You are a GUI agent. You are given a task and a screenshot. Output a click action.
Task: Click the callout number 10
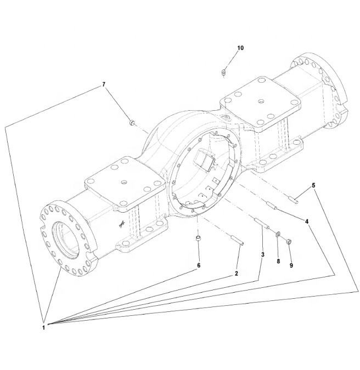[240, 48]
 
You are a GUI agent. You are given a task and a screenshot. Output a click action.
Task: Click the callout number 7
[104, 84]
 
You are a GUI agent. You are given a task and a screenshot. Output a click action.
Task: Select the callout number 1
[43, 328]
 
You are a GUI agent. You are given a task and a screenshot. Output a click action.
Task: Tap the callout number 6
[199, 265]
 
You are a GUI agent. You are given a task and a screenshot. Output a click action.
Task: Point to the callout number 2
[236, 274]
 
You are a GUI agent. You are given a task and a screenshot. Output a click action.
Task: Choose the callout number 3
[263, 254]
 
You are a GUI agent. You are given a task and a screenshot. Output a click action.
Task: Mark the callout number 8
[278, 261]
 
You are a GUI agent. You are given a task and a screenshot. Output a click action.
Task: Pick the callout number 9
[291, 265]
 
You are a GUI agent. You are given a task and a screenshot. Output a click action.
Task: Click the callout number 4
[307, 221]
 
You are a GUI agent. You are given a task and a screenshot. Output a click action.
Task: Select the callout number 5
[313, 185]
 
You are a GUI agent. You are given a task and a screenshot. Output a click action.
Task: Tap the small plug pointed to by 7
[132, 122]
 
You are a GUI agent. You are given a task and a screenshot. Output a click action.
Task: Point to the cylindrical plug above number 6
[199, 238]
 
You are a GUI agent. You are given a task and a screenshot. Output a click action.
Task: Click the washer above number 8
[278, 234]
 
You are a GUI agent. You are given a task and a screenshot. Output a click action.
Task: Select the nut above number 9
[289, 241]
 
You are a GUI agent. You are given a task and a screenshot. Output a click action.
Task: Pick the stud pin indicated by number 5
[294, 200]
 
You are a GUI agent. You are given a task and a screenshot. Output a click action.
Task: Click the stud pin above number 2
[237, 240]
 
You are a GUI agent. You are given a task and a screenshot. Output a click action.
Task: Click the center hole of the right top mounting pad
[260, 102]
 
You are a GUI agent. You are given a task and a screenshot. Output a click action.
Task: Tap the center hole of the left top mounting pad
[124, 182]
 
